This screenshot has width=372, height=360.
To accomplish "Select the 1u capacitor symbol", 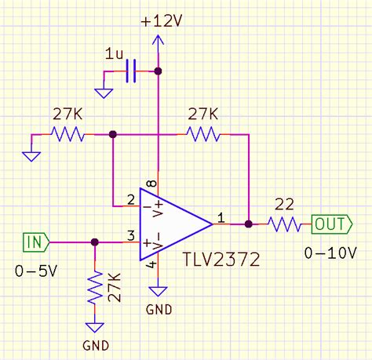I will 131,72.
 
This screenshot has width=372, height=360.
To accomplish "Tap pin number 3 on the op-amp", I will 131,234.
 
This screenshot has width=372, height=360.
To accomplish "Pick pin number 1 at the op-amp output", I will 221,216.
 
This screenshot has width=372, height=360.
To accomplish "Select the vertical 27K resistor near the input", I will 95,287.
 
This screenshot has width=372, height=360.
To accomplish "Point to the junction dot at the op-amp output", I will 249,224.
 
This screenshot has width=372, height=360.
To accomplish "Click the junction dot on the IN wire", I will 95,242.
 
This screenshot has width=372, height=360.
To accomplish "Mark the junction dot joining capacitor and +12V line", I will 158,72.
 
